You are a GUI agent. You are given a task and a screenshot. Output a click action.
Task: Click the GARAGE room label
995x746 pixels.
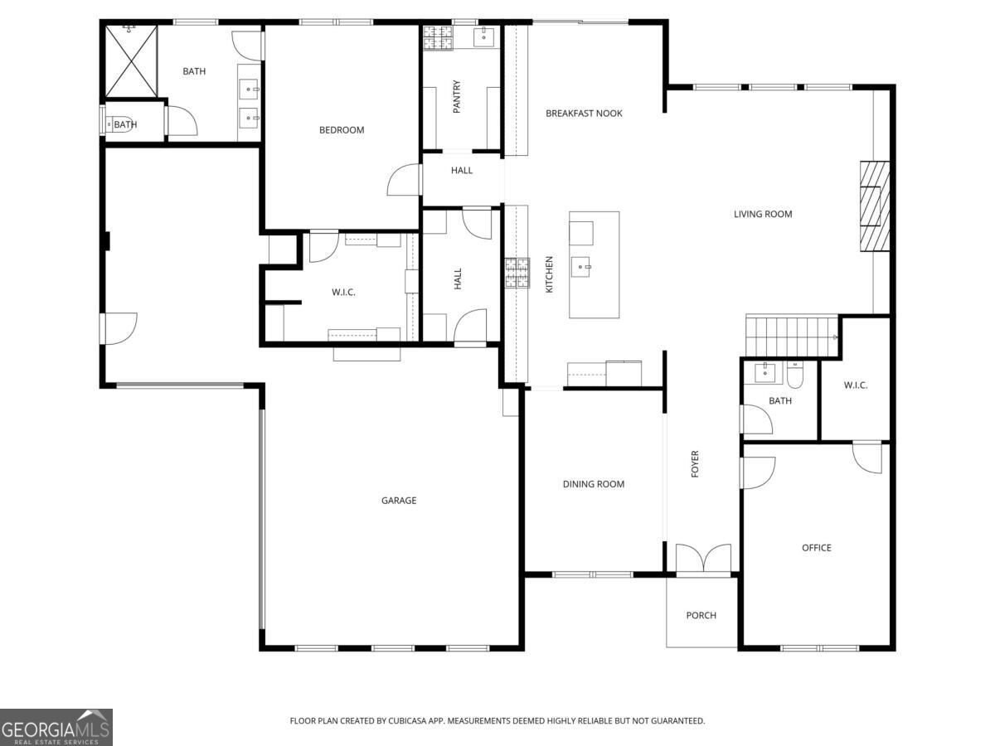coord(399,501)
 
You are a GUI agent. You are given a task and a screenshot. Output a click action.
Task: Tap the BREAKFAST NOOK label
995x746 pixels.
coord(584,114)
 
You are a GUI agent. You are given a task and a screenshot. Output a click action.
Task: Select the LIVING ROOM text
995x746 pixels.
coord(763,214)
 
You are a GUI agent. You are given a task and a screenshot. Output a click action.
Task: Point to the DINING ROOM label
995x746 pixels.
coord(594,484)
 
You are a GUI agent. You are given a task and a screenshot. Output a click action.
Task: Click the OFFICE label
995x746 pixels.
coord(817,548)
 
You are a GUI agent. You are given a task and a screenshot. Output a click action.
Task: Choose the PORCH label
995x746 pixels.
coord(701,616)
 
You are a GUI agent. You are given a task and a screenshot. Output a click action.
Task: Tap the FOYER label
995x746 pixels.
coord(695,464)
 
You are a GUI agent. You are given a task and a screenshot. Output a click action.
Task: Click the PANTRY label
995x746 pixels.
coord(457,96)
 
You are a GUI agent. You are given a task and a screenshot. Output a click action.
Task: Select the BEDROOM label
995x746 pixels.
coord(342,130)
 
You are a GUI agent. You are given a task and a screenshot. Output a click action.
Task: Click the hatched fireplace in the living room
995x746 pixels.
coord(875,206)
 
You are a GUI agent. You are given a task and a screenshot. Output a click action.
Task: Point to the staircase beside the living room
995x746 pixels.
coord(792,336)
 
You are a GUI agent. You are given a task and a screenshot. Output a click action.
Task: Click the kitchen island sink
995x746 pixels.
coord(580,267)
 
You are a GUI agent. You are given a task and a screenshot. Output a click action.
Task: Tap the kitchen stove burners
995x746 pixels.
coord(517,273)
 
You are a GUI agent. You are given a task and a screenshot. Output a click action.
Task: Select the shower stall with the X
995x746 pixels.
coord(132,61)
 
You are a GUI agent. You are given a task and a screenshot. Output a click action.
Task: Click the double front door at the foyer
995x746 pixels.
coord(703,559)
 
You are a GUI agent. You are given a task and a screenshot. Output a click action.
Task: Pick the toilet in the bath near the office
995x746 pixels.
coord(795,375)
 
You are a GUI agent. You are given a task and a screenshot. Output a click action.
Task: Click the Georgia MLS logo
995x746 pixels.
coord(56,727)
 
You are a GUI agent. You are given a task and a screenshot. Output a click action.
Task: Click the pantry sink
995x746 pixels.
coord(484,37)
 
